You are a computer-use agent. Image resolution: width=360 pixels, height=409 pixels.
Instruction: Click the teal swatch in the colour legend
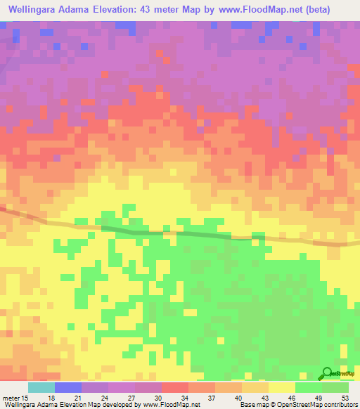(41, 387)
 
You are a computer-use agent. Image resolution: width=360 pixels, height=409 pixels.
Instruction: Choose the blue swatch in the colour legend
(67, 387)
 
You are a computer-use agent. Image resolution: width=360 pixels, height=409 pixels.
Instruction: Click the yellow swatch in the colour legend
(281, 387)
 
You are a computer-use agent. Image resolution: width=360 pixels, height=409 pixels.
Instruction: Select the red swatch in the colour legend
(174, 387)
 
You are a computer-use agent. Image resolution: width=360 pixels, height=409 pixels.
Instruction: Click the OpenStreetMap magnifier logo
(326, 374)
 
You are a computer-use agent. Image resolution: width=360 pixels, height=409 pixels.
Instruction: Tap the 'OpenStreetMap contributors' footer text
(320, 405)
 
